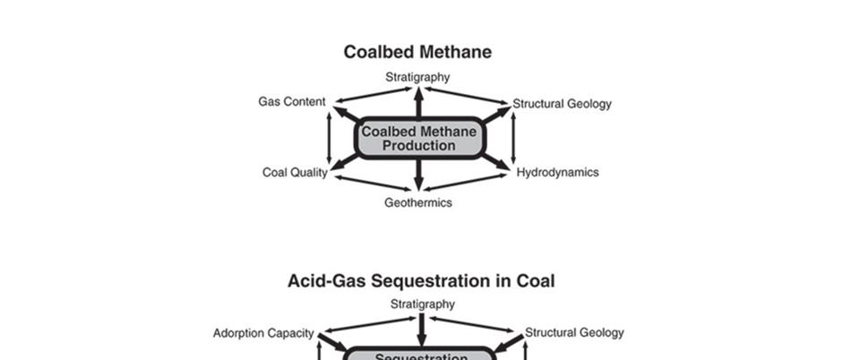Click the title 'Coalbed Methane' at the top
pos(417,52)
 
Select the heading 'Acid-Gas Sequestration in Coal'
pos(421,280)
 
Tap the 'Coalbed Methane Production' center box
pos(418,139)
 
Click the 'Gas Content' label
pos(292,102)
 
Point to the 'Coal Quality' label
pos(295,172)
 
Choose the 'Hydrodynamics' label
pos(557,172)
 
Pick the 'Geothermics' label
pos(418,202)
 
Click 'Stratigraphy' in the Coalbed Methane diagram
pos(417,77)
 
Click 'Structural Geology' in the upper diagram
pos(562,104)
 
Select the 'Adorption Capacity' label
pos(263,333)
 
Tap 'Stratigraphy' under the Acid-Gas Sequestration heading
pos(422,304)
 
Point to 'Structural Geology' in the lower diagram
pos(573,332)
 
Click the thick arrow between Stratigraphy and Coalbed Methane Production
pos(418,103)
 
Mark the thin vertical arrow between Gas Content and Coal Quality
pos(330,139)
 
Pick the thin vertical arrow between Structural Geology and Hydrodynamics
pos(513,139)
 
